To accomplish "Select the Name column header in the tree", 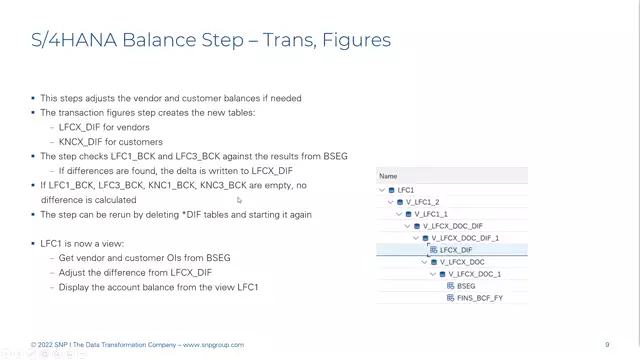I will [x=388, y=176].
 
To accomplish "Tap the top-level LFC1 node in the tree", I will [x=405, y=190].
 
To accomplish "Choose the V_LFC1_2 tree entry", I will [x=422, y=202].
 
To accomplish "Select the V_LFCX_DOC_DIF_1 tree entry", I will [x=464, y=238].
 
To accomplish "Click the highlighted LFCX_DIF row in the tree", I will [x=456, y=250].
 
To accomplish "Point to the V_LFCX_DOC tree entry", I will [x=462, y=262].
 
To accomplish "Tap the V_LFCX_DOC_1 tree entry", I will [x=474, y=274].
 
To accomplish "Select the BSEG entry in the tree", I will [x=465, y=286].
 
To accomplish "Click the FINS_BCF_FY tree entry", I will [x=479, y=298].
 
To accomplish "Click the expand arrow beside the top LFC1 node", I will [x=382, y=190].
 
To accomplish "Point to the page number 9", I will [x=607, y=345].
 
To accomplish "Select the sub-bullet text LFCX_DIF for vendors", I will [x=104, y=127].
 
